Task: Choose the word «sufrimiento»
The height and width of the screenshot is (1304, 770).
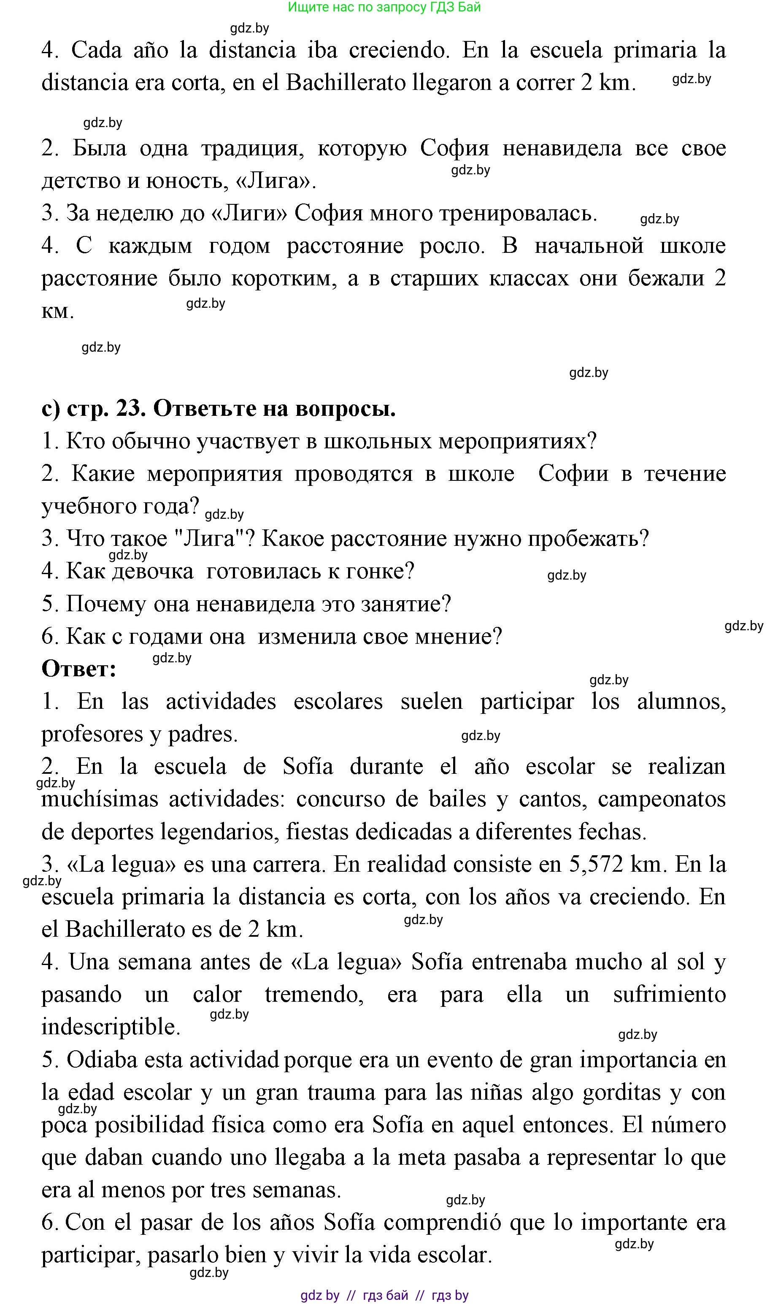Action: pyautogui.click(x=669, y=995)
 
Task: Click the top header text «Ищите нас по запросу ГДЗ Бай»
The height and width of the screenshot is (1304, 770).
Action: pyautogui.click(x=384, y=7)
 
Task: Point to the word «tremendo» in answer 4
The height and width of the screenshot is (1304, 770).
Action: pyautogui.click(x=314, y=995)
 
